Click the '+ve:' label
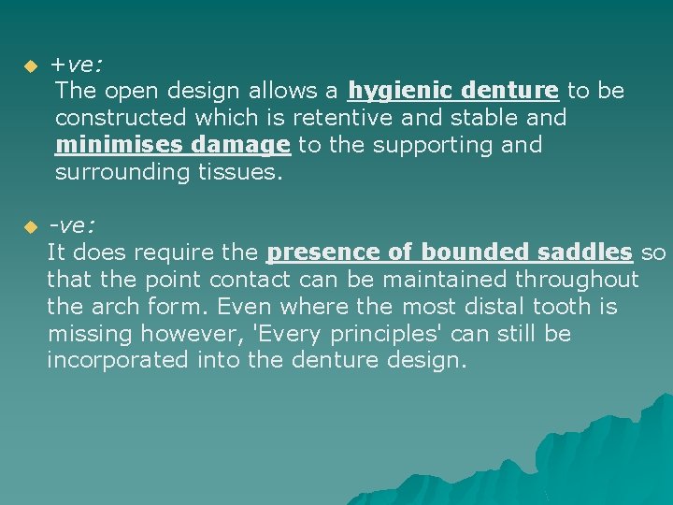click(77, 65)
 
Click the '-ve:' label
click(73, 226)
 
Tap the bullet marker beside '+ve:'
click(29, 67)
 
